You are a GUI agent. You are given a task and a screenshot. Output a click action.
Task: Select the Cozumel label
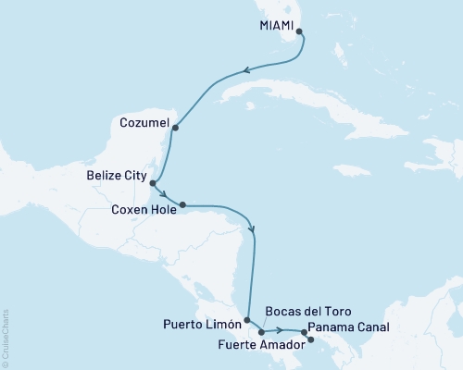[x=144, y=121]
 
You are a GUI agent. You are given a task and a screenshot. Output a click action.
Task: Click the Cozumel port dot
[x=175, y=128]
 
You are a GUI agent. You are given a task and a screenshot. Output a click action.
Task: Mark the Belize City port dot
[x=153, y=183]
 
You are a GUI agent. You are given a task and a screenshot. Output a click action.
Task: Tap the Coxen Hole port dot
[x=182, y=204]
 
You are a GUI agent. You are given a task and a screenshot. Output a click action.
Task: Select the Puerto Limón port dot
[x=247, y=321]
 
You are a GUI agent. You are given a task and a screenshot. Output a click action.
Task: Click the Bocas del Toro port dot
[x=261, y=331]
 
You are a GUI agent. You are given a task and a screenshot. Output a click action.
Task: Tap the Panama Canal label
[x=350, y=327]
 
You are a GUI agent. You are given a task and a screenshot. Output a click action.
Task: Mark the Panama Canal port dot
[x=305, y=331]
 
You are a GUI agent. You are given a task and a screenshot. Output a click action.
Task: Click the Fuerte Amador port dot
[x=310, y=339]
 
